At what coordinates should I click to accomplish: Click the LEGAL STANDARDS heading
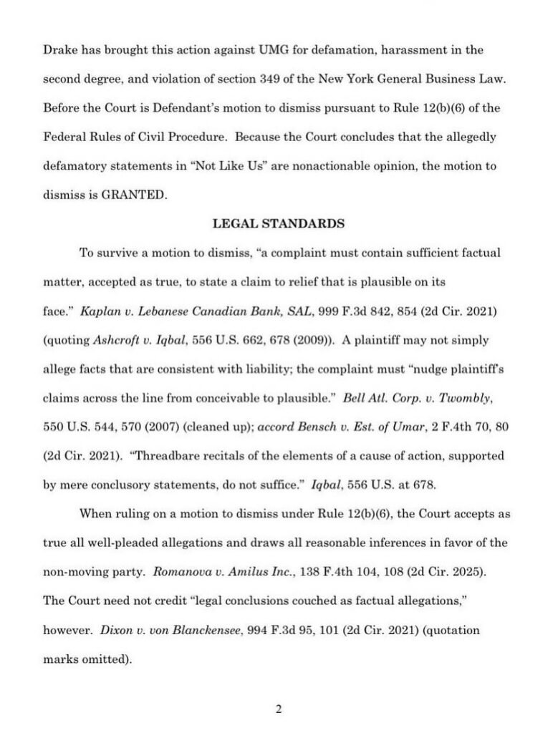point(279,223)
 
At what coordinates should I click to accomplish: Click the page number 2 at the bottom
point(279,710)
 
